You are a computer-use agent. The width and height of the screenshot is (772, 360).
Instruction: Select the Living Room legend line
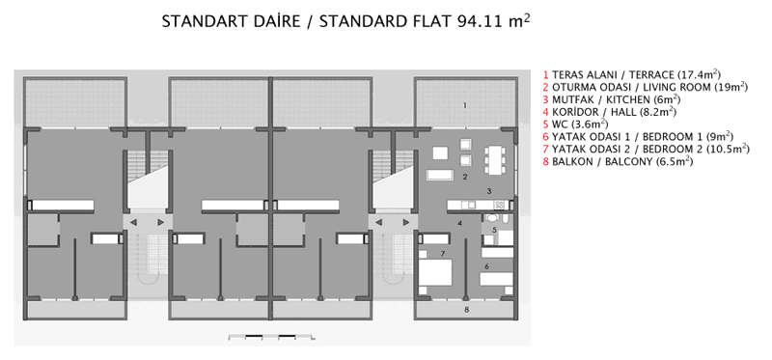pyautogui.click(x=644, y=87)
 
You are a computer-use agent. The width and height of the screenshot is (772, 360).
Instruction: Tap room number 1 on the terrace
pyautogui.click(x=465, y=103)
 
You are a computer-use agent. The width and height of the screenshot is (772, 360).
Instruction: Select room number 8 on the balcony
pyautogui.click(x=466, y=310)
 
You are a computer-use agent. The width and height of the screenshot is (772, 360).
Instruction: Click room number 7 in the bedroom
pyautogui.click(x=441, y=254)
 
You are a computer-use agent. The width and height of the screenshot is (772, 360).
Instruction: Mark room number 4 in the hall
pyautogui.click(x=459, y=223)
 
